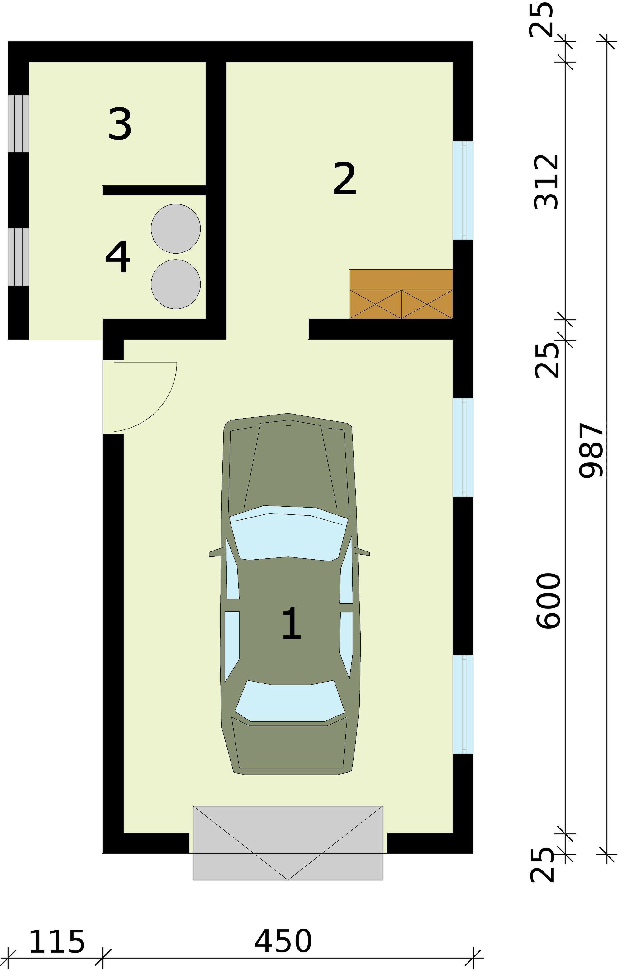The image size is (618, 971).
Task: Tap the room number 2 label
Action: [x=344, y=179]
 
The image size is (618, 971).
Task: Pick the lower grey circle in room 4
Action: [x=176, y=284]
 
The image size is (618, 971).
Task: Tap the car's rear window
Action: [x=289, y=701]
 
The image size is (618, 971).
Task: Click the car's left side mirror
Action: [x=216, y=552]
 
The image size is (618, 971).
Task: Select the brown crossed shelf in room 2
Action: [x=401, y=294]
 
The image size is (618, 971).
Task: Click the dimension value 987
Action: [x=591, y=450]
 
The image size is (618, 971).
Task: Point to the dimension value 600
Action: [x=549, y=601]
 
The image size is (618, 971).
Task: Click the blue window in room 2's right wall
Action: [x=463, y=190]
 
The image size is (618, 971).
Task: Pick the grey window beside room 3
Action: [x=19, y=124]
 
